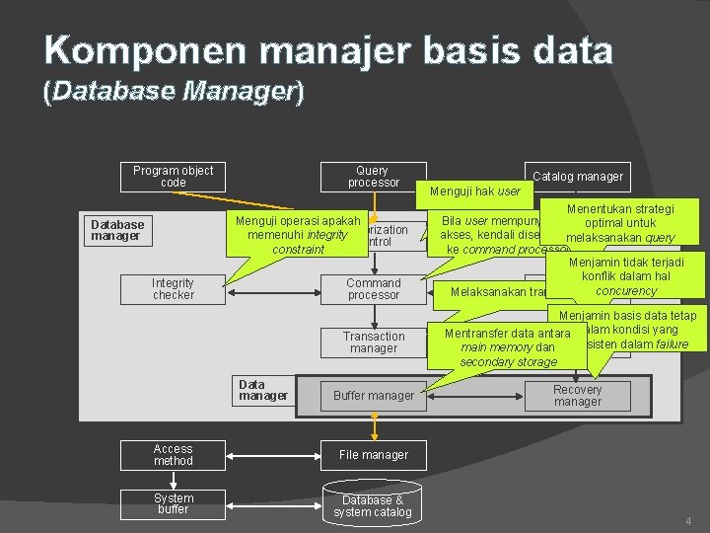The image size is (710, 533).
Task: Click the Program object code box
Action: coord(173,177)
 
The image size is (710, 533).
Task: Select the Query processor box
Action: coord(373,177)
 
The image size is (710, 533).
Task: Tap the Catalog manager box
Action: coord(577,177)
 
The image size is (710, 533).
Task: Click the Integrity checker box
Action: coord(173,289)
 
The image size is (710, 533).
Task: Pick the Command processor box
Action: coord(373,289)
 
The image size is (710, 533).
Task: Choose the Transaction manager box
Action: coord(373,343)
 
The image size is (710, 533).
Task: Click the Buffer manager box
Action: coord(373,396)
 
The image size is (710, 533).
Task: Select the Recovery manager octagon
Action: coord(577,396)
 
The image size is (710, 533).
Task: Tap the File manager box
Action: coord(373,455)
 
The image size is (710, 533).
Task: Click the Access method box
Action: coord(173,455)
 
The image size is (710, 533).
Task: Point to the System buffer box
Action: coord(173,503)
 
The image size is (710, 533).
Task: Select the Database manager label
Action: coord(117,230)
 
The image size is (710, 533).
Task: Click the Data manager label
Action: coord(263,390)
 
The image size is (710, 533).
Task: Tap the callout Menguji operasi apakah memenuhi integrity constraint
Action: coord(297,235)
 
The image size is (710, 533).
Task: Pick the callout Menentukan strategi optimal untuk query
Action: coord(620,223)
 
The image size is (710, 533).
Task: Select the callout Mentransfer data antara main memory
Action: coord(507,347)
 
